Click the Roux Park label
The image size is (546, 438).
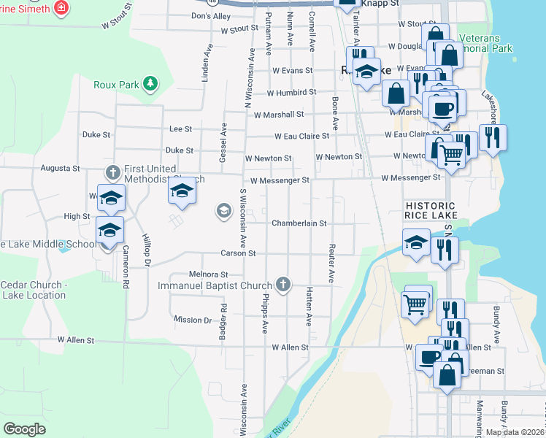(x=116, y=85)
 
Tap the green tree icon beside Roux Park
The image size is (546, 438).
(x=150, y=84)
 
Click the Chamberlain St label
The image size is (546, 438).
(x=299, y=223)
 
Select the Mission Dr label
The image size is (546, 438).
(x=193, y=320)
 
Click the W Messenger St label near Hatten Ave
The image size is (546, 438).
(x=280, y=180)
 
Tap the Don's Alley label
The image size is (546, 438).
(x=210, y=16)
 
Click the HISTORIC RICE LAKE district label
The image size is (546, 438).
(x=431, y=211)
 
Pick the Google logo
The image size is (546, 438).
(x=24, y=429)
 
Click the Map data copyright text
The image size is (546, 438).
(x=514, y=432)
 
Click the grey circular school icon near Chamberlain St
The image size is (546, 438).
(x=223, y=212)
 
